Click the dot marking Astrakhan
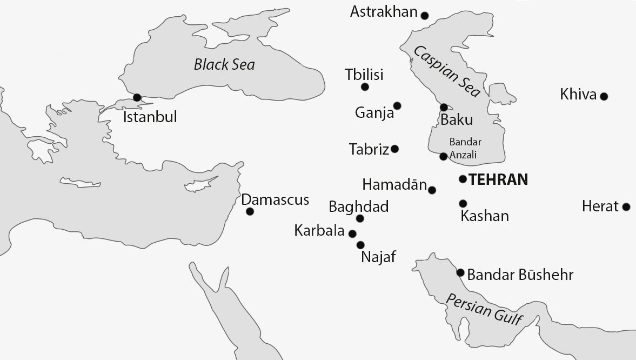point(425,16)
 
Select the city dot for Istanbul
point(137,97)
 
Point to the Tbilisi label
point(364,75)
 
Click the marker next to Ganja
point(397,105)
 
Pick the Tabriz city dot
point(394,149)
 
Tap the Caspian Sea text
point(447,72)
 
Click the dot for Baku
point(444,107)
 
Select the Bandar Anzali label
point(465,147)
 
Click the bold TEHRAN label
point(498,179)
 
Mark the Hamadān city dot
point(432,190)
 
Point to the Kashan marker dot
point(463,203)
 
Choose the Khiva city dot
point(604,97)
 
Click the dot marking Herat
point(626,206)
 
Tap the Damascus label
point(275,199)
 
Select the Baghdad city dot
point(360,218)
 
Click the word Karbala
point(319,231)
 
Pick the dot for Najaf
point(360,245)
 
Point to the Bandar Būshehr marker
point(460,272)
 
